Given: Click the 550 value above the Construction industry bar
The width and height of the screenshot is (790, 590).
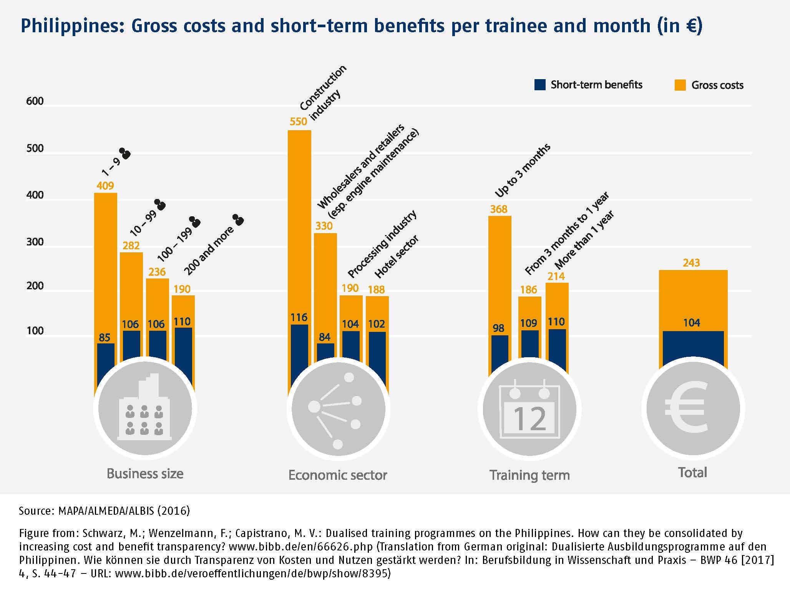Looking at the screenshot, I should click(x=299, y=121).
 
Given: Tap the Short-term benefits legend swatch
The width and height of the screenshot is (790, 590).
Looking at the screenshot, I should click(x=540, y=85).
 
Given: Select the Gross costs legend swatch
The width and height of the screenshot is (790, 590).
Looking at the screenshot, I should click(x=680, y=85).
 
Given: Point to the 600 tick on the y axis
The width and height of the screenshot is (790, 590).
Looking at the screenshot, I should click(x=35, y=101).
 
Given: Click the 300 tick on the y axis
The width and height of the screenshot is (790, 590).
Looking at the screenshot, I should click(x=35, y=242).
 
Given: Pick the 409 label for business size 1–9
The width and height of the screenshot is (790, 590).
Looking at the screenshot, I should click(x=105, y=186).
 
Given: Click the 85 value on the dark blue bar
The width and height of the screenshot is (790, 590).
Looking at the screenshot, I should click(x=105, y=337).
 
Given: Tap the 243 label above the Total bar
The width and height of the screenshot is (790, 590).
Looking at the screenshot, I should click(x=691, y=263).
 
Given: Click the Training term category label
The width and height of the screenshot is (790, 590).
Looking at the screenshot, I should click(x=529, y=475).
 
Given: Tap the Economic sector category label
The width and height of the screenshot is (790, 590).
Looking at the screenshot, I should click(x=338, y=475).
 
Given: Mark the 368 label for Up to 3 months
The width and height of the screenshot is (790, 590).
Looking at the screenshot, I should click(x=499, y=209).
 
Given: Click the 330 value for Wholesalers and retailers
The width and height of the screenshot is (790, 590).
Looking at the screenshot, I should click(x=324, y=226).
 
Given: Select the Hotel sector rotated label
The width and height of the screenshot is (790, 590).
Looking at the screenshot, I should click(x=397, y=257).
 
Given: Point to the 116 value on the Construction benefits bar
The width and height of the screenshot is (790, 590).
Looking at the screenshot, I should click(x=299, y=317).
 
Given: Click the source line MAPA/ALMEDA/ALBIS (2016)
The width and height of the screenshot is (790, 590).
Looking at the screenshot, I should click(x=104, y=511).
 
